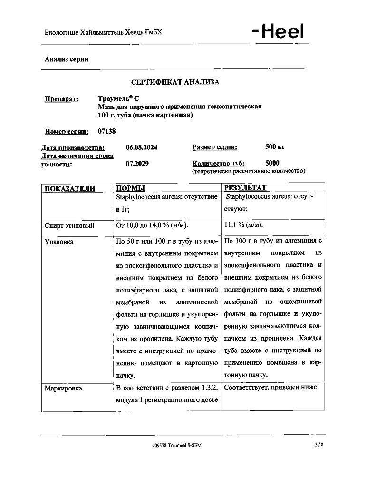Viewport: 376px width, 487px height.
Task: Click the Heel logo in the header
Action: tap(278, 32)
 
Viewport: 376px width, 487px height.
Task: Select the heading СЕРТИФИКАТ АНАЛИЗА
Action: tap(175, 82)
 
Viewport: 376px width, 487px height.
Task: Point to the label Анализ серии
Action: tap(67, 59)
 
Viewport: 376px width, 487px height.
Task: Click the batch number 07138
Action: tap(106, 131)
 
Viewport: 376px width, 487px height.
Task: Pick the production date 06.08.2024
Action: tap(142, 147)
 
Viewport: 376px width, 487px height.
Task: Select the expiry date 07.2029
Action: tap(137, 164)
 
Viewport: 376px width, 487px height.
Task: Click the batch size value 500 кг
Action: tap(275, 147)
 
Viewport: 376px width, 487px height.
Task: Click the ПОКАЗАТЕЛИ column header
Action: tap(69, 188)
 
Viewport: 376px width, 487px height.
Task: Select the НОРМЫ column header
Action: tap(130, 188)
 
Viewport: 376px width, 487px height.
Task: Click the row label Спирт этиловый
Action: tap(69, 226)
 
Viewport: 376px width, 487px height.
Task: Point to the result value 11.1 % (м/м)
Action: tap(243, 225)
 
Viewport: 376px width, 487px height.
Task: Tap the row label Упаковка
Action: tap(59, 242)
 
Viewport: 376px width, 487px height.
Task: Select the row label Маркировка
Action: tap(63, 388)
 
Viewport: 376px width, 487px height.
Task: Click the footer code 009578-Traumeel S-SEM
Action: tap(180, 446)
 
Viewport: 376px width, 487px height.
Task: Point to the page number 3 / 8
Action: tap(318, 445)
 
